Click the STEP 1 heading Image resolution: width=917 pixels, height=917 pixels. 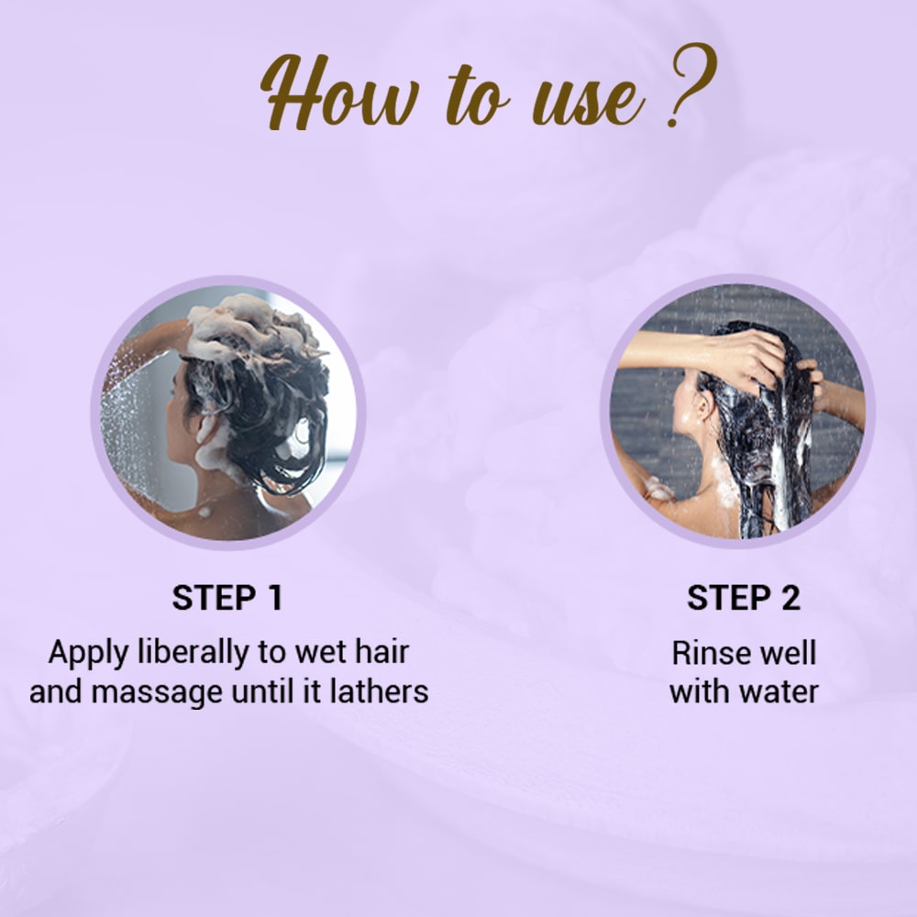pyautogui.click(x=227, y=598)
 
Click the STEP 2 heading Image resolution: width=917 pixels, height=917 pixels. pyautogui.click(x=743, y=598)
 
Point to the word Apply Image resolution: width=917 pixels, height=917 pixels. pyautogui.click(x=86, y=655)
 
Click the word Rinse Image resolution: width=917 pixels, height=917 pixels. pyautogui.click(x=706, y=653)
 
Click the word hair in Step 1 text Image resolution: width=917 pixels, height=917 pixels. pyautogui.click(x=379, y=653)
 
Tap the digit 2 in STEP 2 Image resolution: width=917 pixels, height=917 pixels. pyautogui.click(x=790, y=598)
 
